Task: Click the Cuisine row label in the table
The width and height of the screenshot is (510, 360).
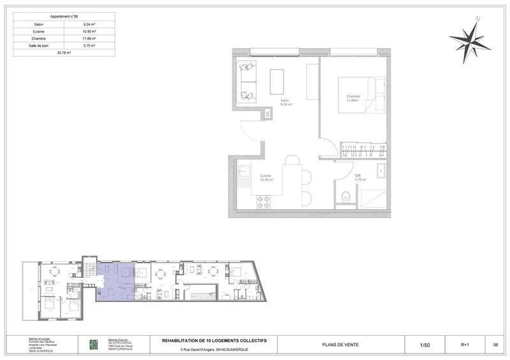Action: click(x=40, y=31)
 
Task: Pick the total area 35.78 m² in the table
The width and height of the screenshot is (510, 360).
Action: click(x=64, y=53)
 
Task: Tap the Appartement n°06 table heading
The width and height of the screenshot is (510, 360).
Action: click(x=64, y=16)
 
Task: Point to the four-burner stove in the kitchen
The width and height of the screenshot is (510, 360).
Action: click(x=263, y=201)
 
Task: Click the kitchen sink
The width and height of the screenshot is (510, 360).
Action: click(x=244, y=170)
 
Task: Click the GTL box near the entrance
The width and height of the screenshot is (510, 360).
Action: click(x=268, y=113)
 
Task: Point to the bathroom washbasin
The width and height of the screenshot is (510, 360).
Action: click(x=381, y=171)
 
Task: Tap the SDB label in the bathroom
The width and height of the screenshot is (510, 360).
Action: click(x=358, y=176)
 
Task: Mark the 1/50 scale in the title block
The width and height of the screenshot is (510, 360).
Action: click(x=425, y=345)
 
